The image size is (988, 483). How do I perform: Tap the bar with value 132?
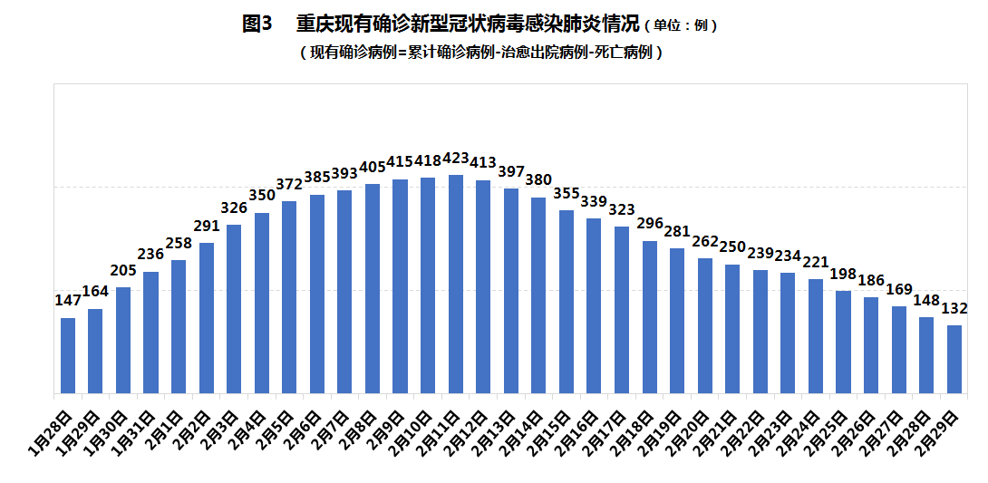(x=954, y=359)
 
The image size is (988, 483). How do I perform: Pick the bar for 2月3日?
(x=234, y=309)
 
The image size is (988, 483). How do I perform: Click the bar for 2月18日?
(x=649, y=317)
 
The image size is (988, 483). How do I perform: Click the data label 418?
(x=429, y=160)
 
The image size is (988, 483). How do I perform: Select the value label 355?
(x=567, y=193)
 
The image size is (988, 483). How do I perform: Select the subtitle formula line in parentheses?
(x=481, y=53)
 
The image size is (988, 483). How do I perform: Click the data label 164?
(x=96, y=292)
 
